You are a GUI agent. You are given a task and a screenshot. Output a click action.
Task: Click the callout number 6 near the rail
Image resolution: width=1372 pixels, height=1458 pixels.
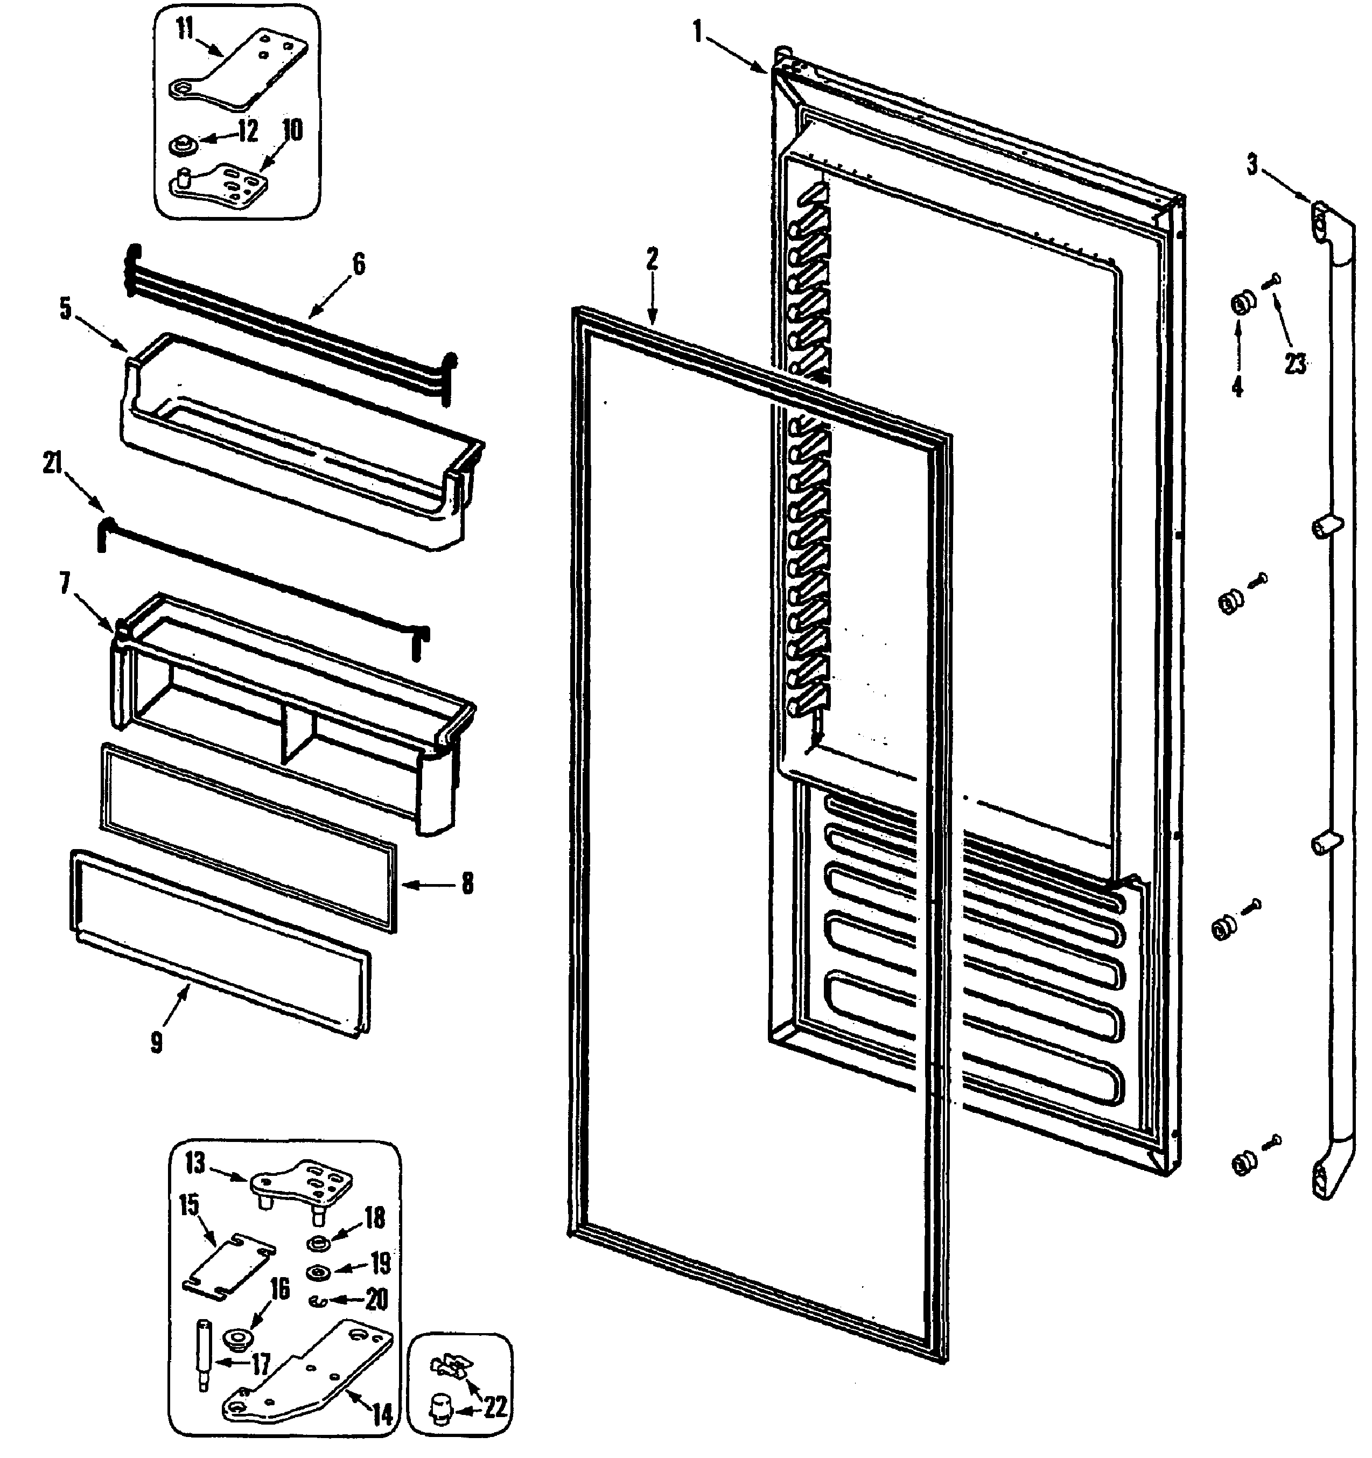pos(359,264)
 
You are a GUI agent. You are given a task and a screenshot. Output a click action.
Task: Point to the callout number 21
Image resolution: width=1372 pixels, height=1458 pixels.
pos(53,463)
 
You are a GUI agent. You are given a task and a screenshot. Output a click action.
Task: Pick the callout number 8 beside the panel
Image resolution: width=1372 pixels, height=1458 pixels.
pos(467,884)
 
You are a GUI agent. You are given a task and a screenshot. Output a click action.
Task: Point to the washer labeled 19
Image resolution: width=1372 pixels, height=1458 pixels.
pos(320,1272)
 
